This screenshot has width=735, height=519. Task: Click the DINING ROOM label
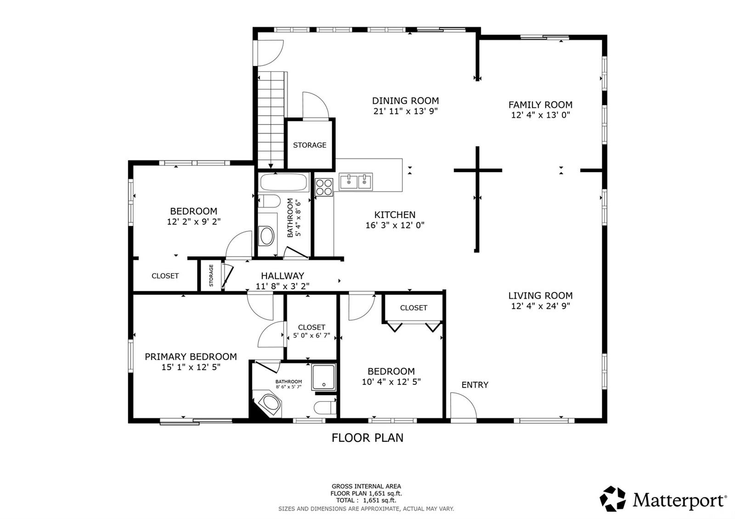(x=405, y=101)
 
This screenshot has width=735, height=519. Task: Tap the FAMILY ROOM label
(x=540, y=105)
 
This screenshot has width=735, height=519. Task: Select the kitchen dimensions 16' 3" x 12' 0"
(x=395, y=225)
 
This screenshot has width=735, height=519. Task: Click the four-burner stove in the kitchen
(x=324, y=187)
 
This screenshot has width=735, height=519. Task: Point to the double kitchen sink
(x=356, y=181)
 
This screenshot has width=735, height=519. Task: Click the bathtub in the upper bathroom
(x=283, y=182)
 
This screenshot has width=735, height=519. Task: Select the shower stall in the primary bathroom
(x=323, y=377)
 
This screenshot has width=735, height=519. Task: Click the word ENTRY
(x=475, y=385)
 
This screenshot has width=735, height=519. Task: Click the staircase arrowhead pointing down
(x=271, y=166)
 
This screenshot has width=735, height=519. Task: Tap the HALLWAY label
(x=283, y=276)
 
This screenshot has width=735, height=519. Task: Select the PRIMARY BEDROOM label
(x=191, y=356)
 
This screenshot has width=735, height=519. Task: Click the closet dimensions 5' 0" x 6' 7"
(x=311, y=336)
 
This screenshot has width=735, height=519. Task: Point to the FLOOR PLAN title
(x=367, y=438)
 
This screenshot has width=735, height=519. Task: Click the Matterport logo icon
(x=613, y=499)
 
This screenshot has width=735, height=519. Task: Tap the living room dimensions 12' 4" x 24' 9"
(x=540, y=306)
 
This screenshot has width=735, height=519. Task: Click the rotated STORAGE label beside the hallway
(x=211, y=275)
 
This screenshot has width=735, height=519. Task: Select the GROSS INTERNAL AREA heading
(x=366, y=486)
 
